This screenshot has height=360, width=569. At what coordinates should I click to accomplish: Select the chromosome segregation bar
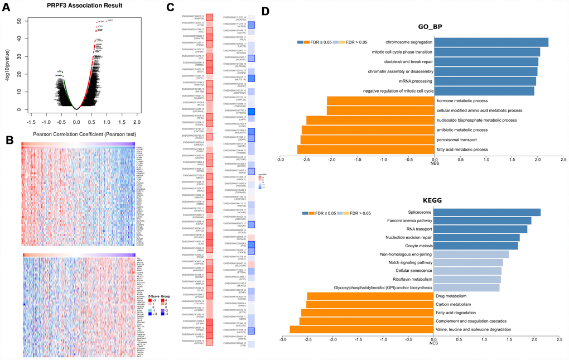tap(491, 42)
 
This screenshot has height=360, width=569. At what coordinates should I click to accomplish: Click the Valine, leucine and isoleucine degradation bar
tap(362, 330)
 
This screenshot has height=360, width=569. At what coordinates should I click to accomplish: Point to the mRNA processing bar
tap(485, 81)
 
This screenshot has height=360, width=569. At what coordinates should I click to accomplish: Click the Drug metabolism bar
tap(370, 296)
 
